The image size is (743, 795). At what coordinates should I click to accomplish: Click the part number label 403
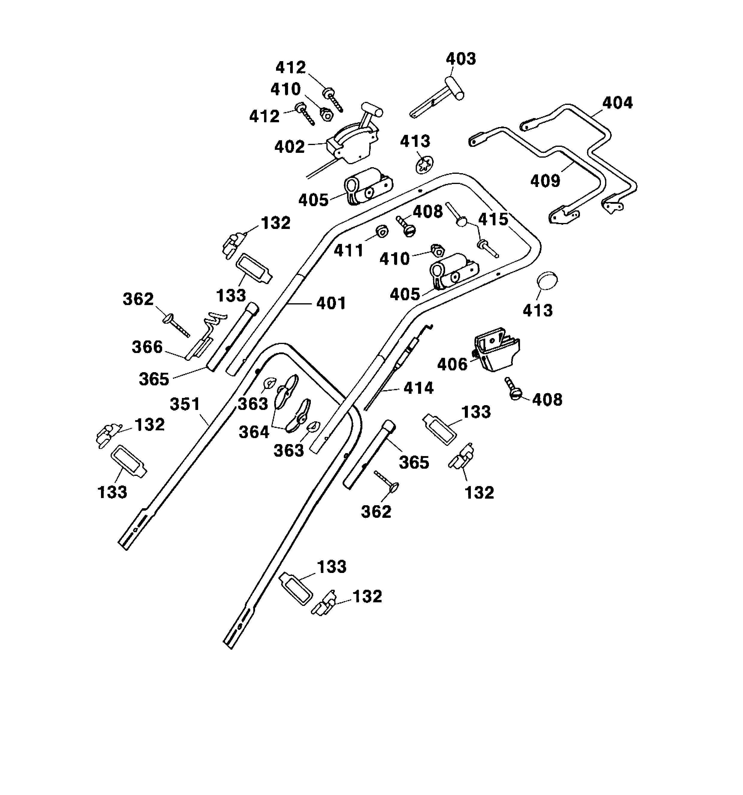click(x=461, y=59)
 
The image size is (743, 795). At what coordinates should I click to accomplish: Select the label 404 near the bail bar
click(x=617, y=103)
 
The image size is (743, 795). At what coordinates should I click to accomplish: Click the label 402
click(x=290, y=147)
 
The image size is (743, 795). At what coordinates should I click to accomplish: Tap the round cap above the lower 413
click(x=547, y=281)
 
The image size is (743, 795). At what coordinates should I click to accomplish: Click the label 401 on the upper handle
click(x=331, y=303)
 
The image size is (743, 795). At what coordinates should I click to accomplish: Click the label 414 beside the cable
click(x=418, y=387)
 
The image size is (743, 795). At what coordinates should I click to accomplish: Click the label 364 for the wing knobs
click(x=254, y=432)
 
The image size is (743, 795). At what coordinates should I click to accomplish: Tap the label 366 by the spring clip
click(x=147, y=347)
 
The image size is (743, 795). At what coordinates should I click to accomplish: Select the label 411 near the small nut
click(x=348, y=251)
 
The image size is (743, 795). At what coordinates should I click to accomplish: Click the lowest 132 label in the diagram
click(x=367, y=597)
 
